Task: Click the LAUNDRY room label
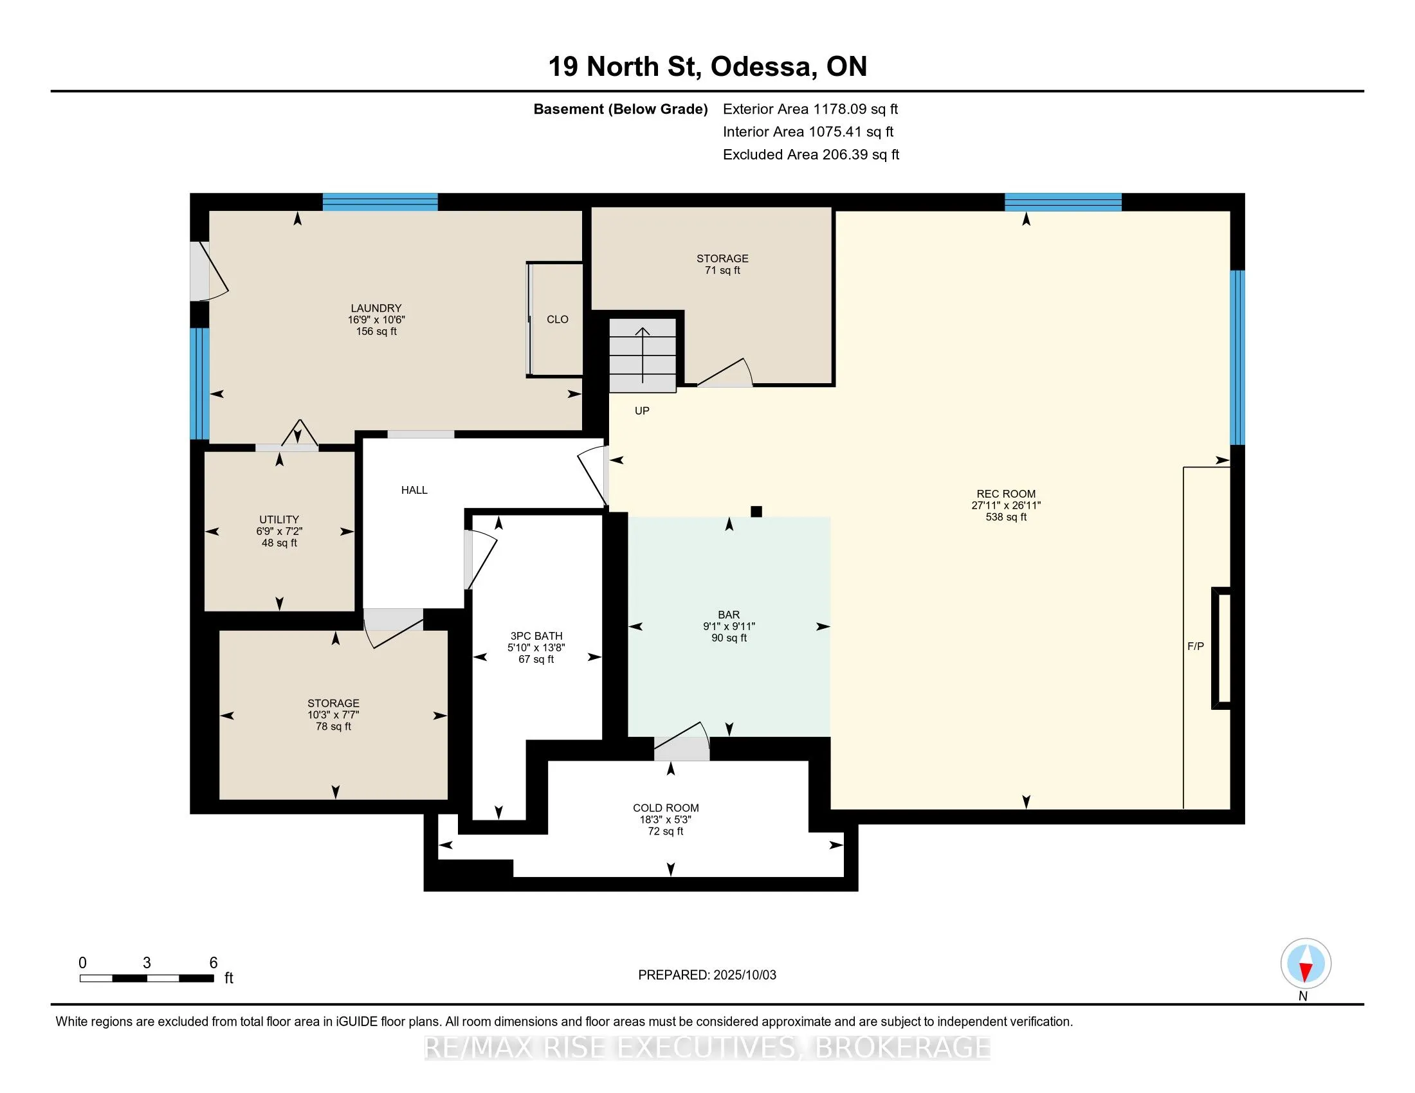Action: [376, 308]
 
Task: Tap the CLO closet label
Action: [557, 320]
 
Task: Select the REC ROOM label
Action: [1006, 493]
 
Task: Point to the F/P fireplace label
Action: [1196, 646]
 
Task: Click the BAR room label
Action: [729, 615]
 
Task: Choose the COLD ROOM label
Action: [666, 808]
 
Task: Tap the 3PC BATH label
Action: [536, 636]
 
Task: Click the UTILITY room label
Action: [279, 519]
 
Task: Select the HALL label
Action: [414, 490]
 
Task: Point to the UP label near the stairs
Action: [642, 411]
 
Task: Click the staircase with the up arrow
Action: [643, 356]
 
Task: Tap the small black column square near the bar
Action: [756, 512]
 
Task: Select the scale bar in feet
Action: [147, 979]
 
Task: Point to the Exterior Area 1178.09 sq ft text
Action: [810, 109]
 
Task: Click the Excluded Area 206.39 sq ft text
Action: [811, 154]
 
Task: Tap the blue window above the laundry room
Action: [380, 202]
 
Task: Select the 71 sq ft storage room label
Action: [722, 270]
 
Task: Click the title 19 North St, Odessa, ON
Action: [707, 66]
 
